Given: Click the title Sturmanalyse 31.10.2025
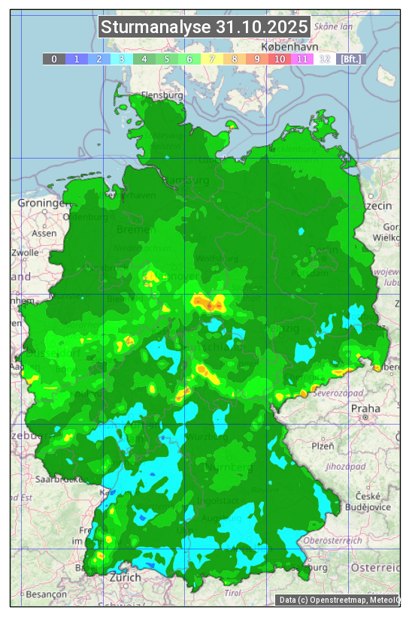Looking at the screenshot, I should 204,28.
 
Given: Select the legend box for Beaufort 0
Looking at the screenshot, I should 53,59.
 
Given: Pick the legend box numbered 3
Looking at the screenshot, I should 122,59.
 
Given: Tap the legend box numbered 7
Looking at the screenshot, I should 212,59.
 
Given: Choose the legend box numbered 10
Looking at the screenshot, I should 280,59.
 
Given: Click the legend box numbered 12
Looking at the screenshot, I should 325,59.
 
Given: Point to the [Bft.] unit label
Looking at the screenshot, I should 350,59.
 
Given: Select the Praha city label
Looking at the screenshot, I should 365,408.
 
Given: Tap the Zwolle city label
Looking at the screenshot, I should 25,253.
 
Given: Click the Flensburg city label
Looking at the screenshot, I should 163,96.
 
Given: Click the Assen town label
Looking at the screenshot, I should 45,233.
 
